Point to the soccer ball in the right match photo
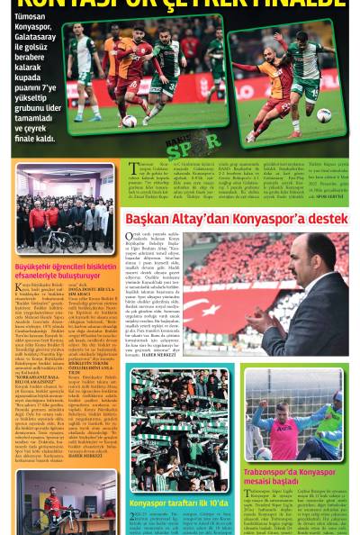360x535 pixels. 323,114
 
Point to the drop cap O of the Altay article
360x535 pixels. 130,238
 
